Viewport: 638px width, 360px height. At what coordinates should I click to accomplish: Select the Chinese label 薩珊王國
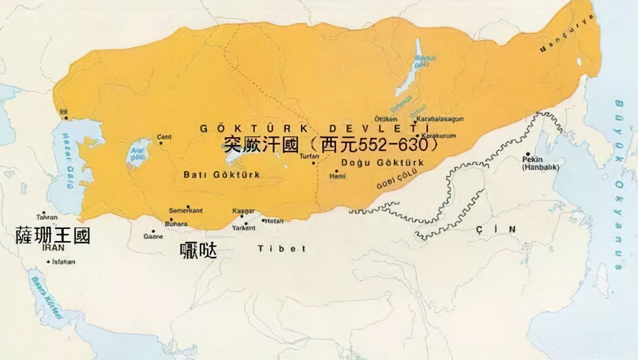[53, 235]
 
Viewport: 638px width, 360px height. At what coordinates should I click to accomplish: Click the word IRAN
[53, 248]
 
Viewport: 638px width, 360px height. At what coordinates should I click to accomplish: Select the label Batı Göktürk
[222, 174]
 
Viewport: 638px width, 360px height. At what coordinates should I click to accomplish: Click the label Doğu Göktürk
[382, 162]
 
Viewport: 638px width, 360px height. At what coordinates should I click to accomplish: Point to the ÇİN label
[496, 229]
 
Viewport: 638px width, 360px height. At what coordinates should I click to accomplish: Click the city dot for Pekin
[528, 154]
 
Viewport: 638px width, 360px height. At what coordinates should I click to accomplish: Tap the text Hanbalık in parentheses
[541, 167]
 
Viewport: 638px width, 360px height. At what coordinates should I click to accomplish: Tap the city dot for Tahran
[44, 213]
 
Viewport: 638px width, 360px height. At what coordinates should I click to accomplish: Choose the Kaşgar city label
[243, 210]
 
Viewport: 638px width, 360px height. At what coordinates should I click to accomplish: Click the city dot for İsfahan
[48, 262]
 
